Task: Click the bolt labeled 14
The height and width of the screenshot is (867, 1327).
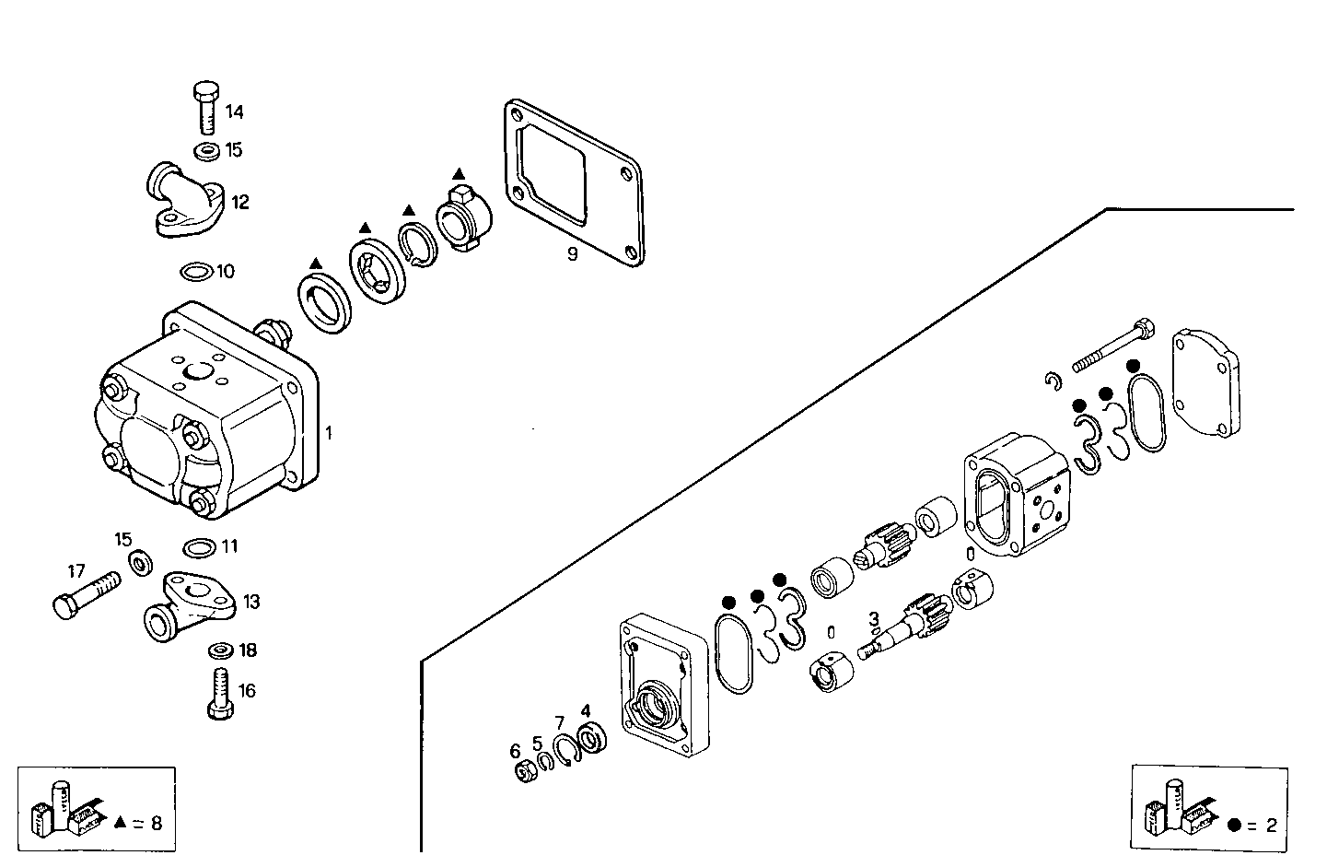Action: click(x=205, y=108)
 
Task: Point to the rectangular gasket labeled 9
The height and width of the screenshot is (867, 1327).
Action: click(x=572, y=184)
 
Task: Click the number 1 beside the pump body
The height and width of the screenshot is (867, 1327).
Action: click(x=329, y=431)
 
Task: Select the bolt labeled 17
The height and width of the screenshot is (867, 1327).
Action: click(x=84, y=595)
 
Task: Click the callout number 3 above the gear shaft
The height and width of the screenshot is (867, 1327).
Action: click(x=873, y=619)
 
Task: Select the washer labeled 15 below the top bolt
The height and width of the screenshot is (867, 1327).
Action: click(x=207, y=149)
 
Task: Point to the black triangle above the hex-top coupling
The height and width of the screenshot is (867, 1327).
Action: click(x=458, y=173)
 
